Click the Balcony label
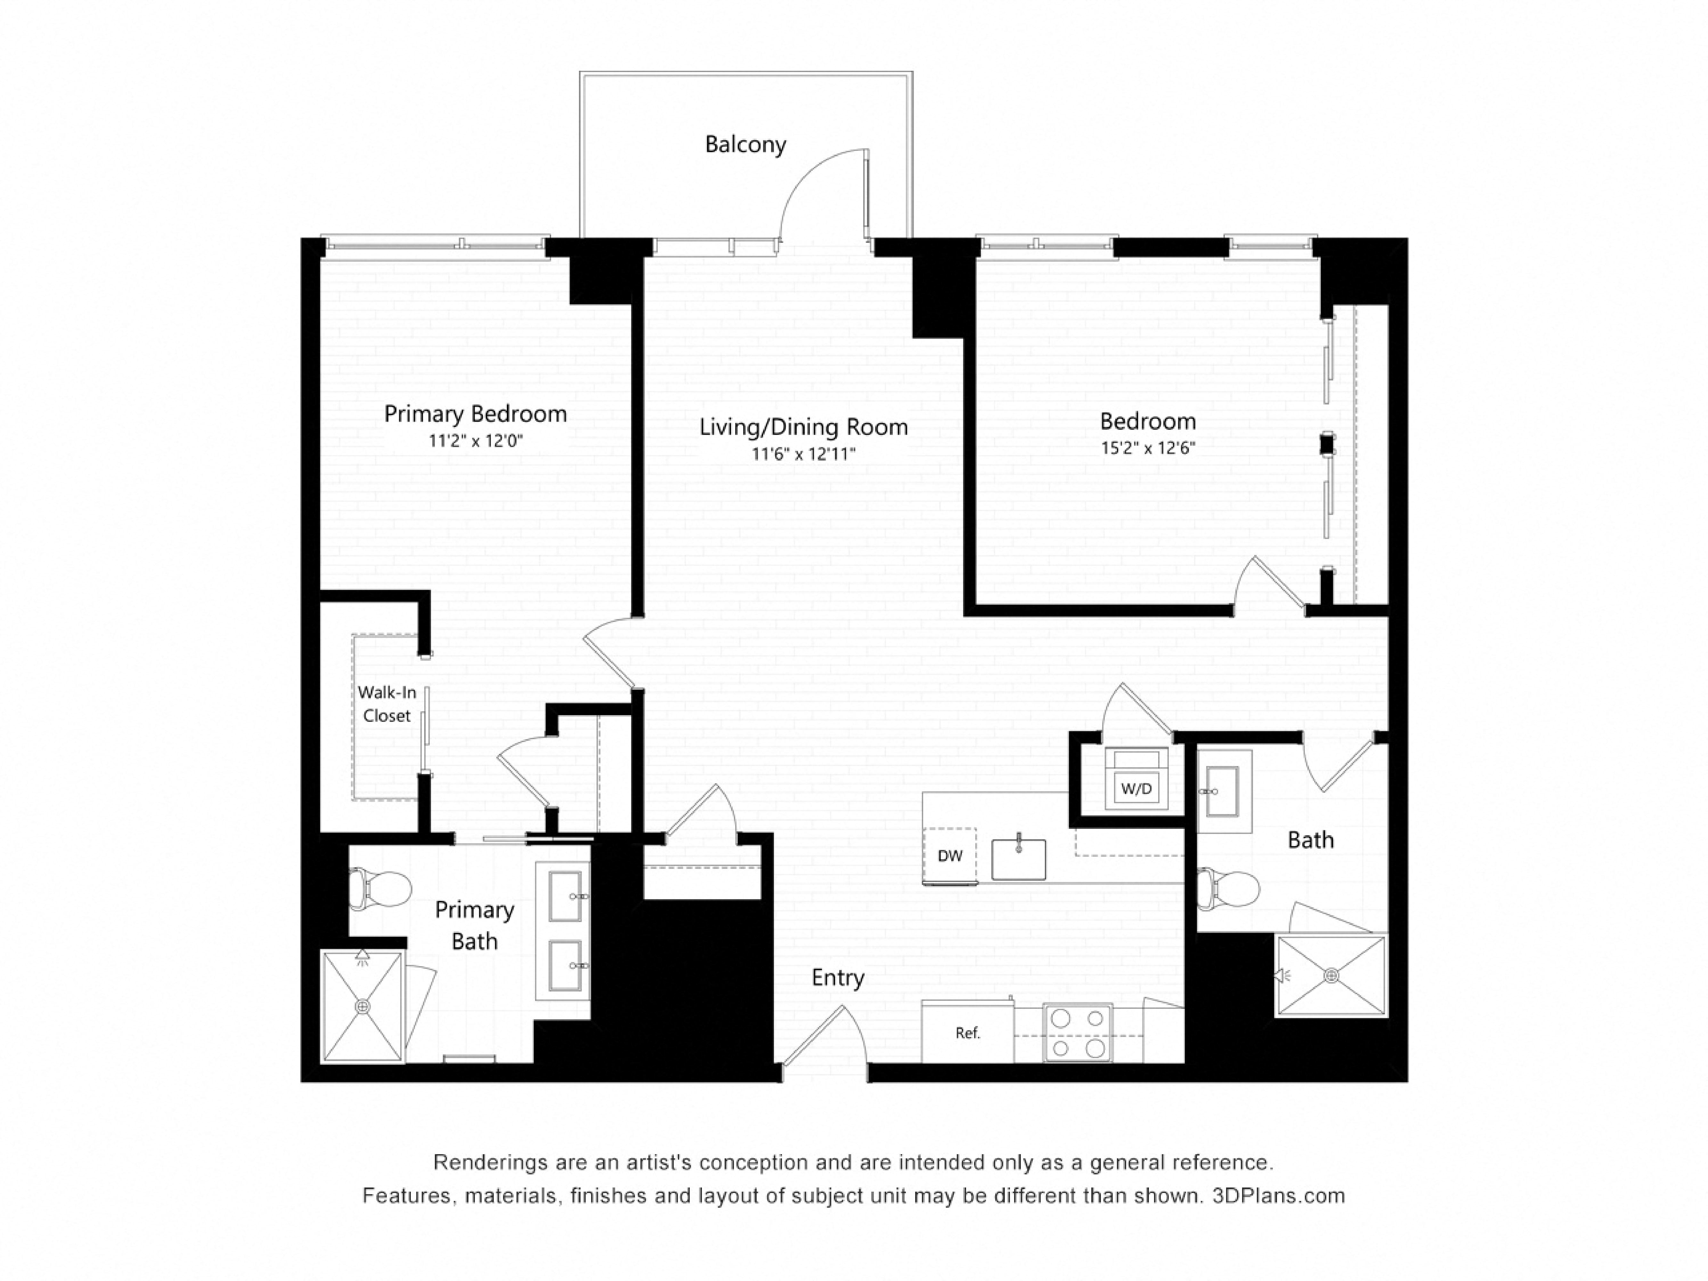coord(745,144)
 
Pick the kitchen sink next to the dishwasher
coord(1019,860)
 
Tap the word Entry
coord(838,977)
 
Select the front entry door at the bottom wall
coord(822,1039)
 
